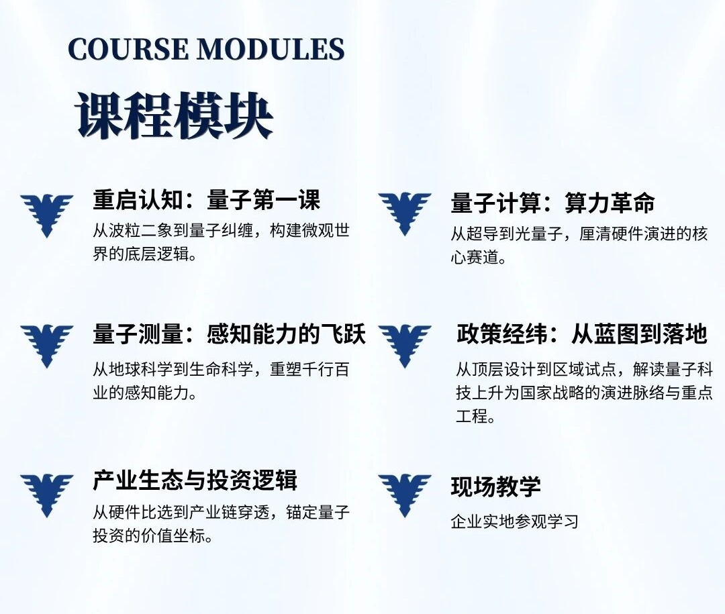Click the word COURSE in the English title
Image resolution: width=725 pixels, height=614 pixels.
pyautogui.click(x=128, y=49)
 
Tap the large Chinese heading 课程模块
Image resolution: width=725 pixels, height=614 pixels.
pyautogui.click(x=174, y=115)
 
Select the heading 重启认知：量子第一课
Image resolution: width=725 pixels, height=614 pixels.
pyautogui.click(x=206, y=200)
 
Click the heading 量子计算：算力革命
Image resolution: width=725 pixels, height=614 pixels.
pyautogui.click(x=552, y=203)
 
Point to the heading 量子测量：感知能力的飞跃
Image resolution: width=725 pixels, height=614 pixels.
pyautogui.click(x=229, y=334)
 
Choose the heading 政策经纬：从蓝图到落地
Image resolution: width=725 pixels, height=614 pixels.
pyautogui.click(x=581, y=334)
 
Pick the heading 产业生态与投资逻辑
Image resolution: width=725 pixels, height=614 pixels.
pyautogui.click(x=195, y=480)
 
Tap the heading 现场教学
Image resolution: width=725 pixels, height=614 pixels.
pyautogui.click(x=495, y=487)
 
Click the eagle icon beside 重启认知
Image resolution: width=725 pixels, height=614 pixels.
pyautogui.click(x=47, y=215)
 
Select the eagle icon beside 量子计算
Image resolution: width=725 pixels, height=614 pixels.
pyautogui.click(x=405, y=213)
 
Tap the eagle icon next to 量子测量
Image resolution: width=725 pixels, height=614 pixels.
pyautogui.click(x=47, y=346)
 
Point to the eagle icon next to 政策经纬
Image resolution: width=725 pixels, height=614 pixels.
pyautogui.click(x=405, y=346)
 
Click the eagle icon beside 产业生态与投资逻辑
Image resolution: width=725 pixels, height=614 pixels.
pyautogui.click(x=47, y=495)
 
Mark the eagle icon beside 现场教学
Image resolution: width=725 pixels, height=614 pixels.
pyautogui.click(x=405, y=495)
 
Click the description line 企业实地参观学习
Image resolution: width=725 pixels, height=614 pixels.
pyautogui.click(x=515, y=521)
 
